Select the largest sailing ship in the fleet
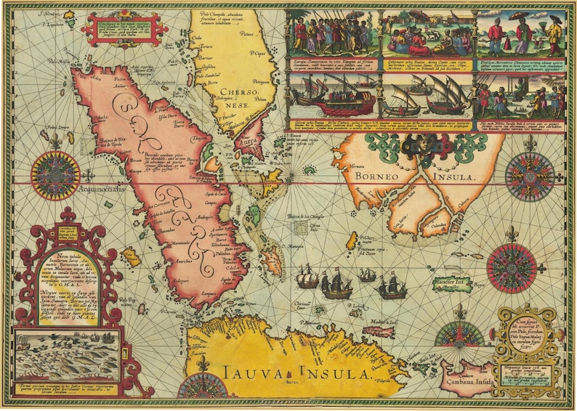pos(335,283)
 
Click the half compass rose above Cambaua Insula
pos(459,333)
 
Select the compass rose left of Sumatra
pos(55,174)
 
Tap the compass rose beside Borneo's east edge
pos(530,176)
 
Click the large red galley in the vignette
pos(334,101)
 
